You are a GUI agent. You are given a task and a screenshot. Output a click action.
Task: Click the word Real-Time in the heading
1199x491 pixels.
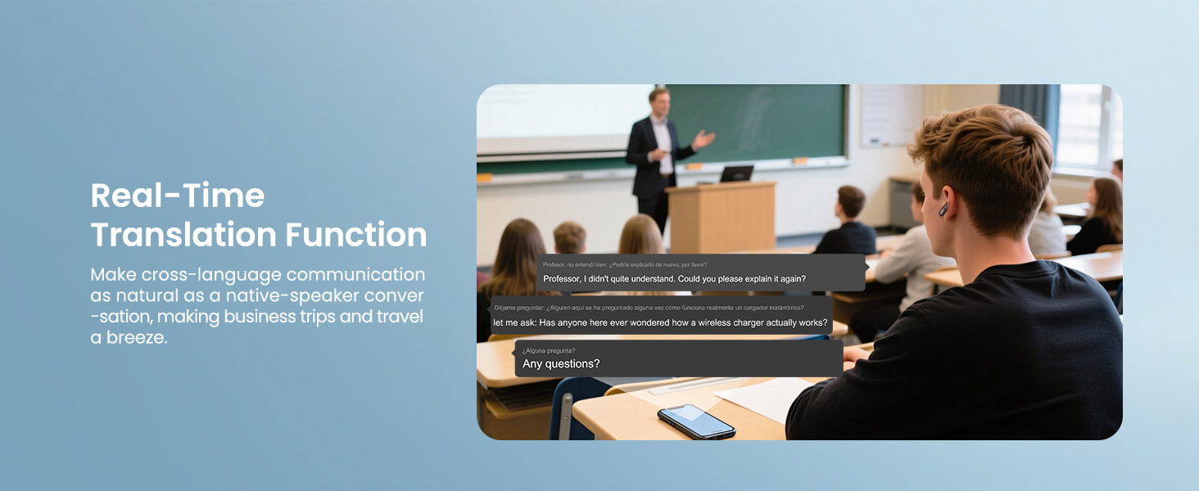coord(178,196)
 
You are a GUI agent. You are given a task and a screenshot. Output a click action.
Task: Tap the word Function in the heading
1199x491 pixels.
coord(356,234)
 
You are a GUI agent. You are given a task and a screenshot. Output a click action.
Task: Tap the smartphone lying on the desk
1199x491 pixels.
coord(696,421)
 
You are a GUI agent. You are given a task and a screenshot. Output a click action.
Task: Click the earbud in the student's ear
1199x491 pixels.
coord(943,209)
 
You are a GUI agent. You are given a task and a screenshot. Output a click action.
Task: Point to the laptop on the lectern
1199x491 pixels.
coord(736,173)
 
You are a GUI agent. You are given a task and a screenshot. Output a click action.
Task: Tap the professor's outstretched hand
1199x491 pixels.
coord(704,140)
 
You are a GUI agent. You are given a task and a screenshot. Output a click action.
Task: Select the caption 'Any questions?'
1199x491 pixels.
coord(561,363)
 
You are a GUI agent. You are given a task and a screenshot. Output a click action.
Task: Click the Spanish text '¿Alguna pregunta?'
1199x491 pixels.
coord(549,351)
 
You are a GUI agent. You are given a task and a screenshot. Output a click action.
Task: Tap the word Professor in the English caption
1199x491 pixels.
coord(562,279)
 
